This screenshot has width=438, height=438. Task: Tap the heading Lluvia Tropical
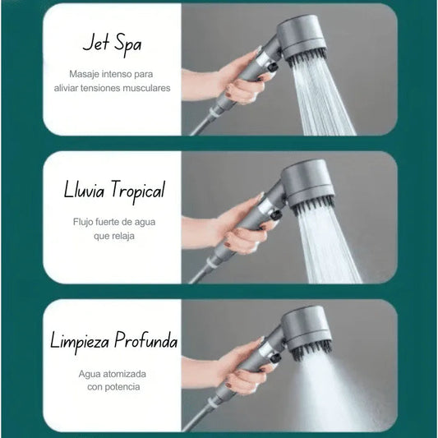coord(114,191)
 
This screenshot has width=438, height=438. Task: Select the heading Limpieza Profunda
coord(113,339)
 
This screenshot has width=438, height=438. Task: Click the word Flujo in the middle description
coord(82,221)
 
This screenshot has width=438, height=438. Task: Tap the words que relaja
coord(114,236)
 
